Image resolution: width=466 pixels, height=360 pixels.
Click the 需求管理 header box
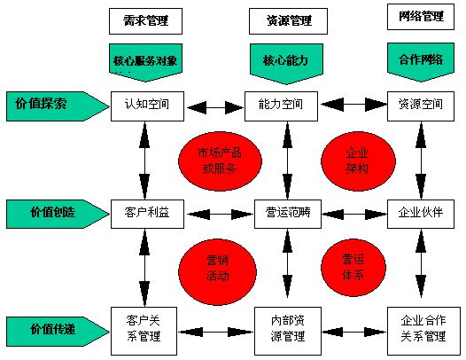point(145,21)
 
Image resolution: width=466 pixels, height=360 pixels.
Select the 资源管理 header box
point(288,21)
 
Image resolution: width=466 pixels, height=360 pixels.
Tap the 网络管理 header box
point(421,17)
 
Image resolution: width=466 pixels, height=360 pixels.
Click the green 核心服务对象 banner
point(145,62)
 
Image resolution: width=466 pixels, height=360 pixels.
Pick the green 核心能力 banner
point(286,64)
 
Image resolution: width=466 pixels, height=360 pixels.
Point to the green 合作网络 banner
point(421,62)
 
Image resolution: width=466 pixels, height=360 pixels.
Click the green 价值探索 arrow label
point(58,106)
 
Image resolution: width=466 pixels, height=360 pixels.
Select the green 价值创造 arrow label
point(58,214)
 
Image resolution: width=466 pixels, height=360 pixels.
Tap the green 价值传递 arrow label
point(58,332)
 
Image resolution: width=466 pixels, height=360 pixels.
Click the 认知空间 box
point(147,106)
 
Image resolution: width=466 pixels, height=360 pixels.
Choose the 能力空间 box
point(281,106)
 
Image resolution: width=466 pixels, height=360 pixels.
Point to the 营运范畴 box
point(288,214)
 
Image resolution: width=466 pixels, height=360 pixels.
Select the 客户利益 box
point(147,214)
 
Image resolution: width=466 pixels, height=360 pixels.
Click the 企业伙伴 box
point(421,214)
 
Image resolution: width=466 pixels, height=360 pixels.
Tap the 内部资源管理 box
point(288,331)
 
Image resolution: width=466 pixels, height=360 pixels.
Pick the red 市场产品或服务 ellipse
point(220,161)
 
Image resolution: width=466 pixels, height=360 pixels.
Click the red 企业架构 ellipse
point(358,161)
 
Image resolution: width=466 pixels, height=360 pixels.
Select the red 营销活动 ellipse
point(217,271)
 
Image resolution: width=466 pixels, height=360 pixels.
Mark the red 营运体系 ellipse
point(353,268)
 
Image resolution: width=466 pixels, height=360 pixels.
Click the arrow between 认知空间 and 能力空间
point(214,107)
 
